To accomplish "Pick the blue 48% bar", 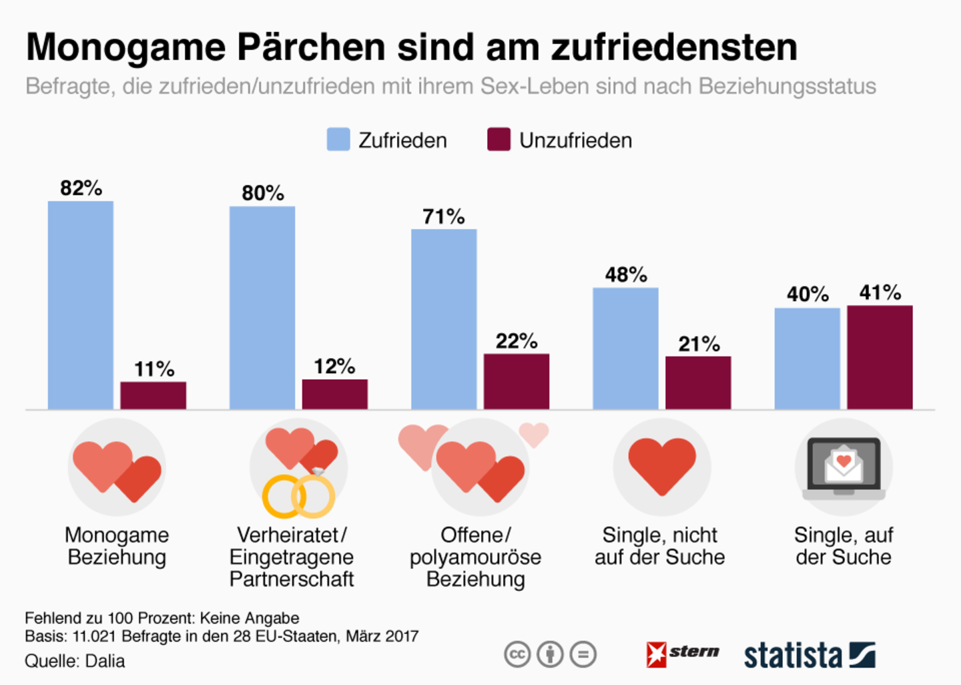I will (x=625, y=349).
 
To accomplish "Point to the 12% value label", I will (x=334, y=367).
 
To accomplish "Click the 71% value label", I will (x=444, y=216).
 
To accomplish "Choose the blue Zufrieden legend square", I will (x=338, y=140).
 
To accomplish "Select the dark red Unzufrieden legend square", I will (x=499, y=140).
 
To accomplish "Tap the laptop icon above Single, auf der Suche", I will (x=844, y=468).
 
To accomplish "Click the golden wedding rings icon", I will (x=298, y=496).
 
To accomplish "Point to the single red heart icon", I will (x=662, y=466).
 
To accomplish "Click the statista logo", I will (x=810, y=655).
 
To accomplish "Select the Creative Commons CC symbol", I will (x=517, y=654).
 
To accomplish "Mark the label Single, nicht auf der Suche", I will (x=659, y=545).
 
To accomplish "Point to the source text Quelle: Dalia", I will (x=75, y=661).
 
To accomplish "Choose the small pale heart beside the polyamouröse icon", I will (x=534, y=434).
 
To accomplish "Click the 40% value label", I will (x=808, y=294).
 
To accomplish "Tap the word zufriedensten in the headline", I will (x=674, y=47).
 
